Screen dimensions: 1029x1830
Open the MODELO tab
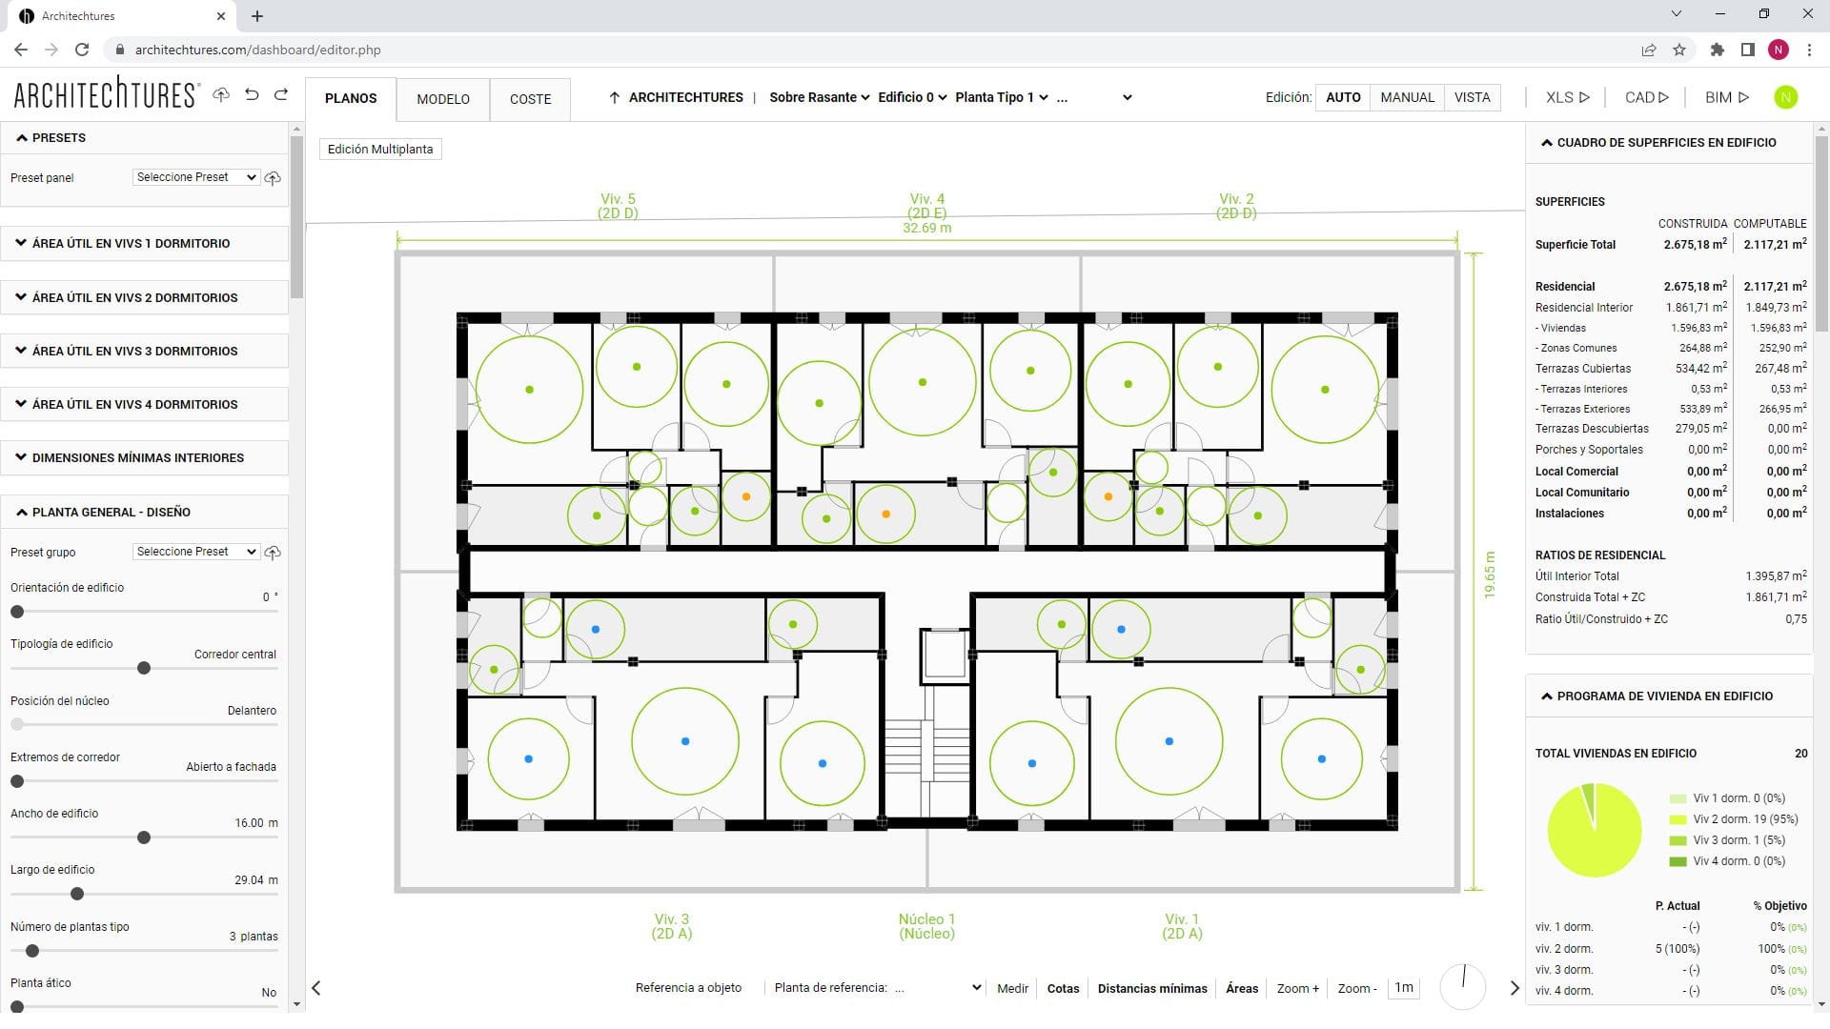(x=443, y=99)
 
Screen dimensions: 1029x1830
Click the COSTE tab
(x=530, y=99)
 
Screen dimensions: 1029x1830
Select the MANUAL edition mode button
(x=1407, y=97)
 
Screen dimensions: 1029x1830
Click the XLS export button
(x=1567, y=97)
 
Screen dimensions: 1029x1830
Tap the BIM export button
(x=1726, y=97)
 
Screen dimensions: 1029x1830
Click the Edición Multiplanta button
(x=380, y=150)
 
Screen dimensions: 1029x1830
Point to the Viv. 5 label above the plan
(x=618, y=206)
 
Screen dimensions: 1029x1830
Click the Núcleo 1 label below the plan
(x=926, y=926)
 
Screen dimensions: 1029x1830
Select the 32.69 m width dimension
(x=926, y=229)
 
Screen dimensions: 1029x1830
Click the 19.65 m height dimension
(x=1490, y=575)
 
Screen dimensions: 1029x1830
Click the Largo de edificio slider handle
(x=77, y=894)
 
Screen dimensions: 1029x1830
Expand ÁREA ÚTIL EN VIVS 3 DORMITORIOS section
(x=134, y=351)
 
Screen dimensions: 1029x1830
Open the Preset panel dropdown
(x=196, y=177)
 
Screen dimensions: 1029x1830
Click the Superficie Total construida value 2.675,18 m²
(x=1695, y=245)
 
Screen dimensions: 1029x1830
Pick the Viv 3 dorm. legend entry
(x=1738, y=840)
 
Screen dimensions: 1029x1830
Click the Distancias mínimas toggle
(x=1151, y=989)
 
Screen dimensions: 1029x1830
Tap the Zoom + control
(x=1297, y=989)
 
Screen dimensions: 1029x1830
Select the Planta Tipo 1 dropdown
(x=1001, y=97)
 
